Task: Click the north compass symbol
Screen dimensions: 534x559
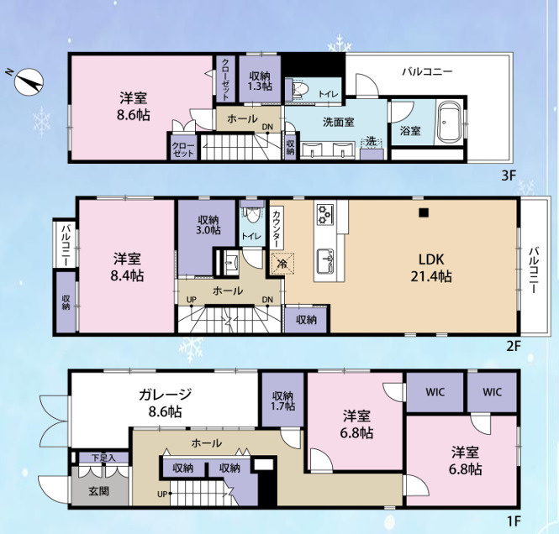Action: coord(30,80)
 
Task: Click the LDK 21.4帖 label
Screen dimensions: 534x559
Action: coord(431,267)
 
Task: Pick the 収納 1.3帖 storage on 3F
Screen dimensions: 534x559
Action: coord(260,81)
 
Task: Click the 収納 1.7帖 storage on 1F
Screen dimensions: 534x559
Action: coord(283,401)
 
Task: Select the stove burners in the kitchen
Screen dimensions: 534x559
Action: coord(326,215)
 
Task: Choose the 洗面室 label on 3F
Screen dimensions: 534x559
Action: coord(338,120)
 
